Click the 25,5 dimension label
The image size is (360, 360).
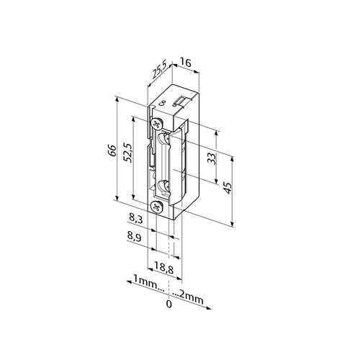(x=159, y=71)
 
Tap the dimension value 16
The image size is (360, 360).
(x=186, y=63)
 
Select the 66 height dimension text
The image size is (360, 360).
(x=112, y=150)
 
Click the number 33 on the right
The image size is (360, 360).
(x=212, y=158)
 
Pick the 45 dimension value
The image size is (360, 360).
(x=228, y=188)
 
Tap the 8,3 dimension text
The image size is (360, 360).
(x=136, y=219)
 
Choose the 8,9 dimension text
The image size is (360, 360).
(x=134, y=238)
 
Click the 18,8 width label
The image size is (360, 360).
(x=164, y=268)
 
